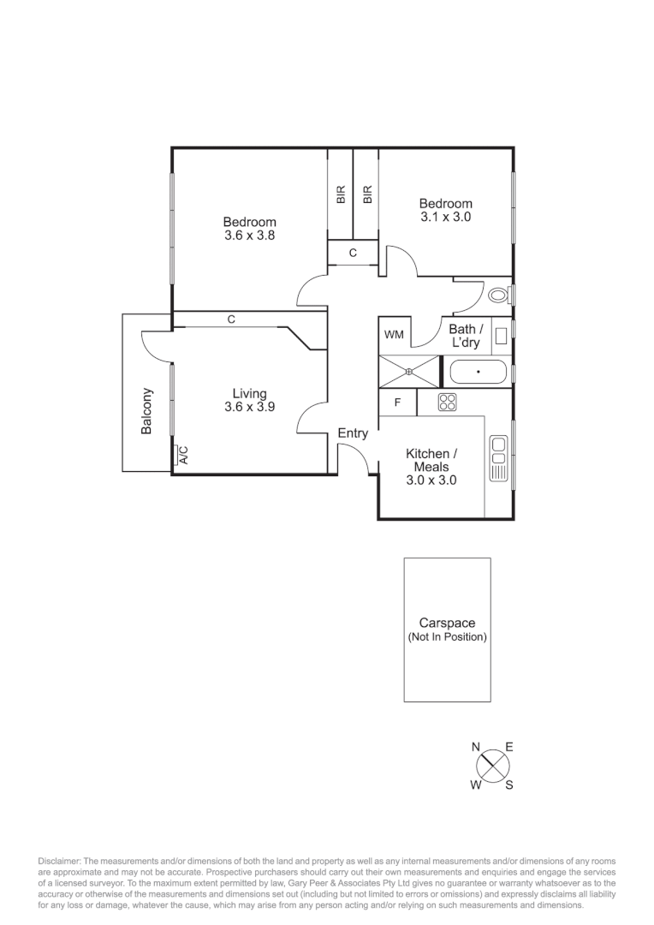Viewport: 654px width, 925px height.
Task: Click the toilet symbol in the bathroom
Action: [x=498, y=295]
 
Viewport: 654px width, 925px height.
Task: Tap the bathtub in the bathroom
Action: [x=477, y=373]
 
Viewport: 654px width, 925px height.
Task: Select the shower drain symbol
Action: [x=409, y=371]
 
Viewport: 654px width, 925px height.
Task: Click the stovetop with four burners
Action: [x=447, y=402]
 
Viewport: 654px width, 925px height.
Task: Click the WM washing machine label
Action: [x=394, y=334]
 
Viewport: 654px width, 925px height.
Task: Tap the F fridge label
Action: [x=397, y=403]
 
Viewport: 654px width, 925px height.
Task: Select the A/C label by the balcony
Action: [x=182, y=456]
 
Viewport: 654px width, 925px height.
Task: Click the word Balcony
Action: [x=147, y=411]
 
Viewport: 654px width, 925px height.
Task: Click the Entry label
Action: [x=353, y=433]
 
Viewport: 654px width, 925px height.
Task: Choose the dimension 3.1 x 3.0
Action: [x=445, y=217]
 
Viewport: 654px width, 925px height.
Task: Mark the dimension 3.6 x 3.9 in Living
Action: [x=249, y=408]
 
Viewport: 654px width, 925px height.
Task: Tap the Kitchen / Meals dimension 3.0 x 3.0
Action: [x=431, y=480]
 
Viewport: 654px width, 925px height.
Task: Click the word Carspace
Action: [x=447, y=624]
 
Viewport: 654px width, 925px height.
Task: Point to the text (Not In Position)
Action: [x=447, y=637]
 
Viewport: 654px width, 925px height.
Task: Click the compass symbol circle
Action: [x=492, y=765]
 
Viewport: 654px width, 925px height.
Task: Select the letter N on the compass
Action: [x=475, y=748]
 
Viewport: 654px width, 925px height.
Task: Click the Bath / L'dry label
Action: [x=467, y=336]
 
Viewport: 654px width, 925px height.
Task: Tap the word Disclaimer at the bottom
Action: [x=58, y=860]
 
